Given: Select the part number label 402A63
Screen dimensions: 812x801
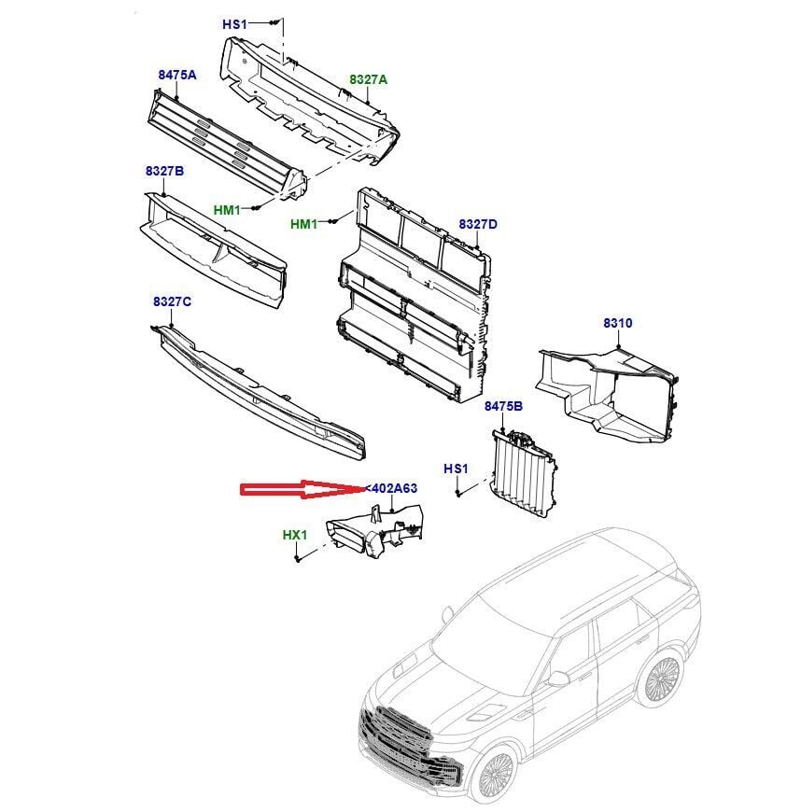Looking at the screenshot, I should coord(393,488).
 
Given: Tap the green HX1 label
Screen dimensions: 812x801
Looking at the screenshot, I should coord(294,535).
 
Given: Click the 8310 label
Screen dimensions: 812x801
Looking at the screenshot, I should coord(617,323).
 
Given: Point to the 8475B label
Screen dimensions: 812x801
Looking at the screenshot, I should coord(503,406).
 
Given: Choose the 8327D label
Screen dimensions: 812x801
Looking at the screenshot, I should coord(478,224).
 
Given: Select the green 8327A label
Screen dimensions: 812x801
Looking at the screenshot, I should coord(368,80).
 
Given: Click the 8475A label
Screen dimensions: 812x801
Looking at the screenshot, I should coord(176,74).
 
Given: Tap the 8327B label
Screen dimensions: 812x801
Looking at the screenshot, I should coord(164,171).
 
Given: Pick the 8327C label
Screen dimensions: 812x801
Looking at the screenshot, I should coord(172,301).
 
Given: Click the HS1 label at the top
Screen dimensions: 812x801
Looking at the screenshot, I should coord(234,24).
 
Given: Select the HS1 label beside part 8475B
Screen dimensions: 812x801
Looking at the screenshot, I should coord(455,468).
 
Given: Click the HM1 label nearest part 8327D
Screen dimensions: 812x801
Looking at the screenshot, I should coord(303,224).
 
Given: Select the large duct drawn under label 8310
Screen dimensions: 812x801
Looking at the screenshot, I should coord(607,392).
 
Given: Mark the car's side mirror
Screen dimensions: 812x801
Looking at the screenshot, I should coord(558,679).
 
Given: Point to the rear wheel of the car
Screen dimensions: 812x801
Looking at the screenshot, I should coord(664,680).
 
